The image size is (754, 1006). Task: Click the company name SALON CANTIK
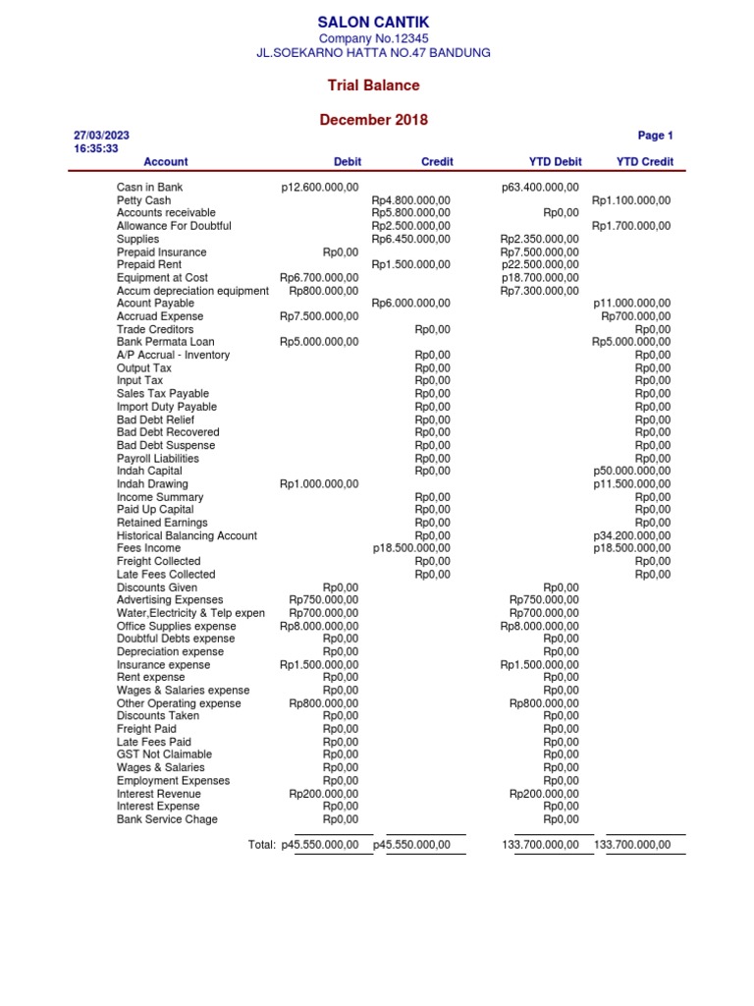[373, 22]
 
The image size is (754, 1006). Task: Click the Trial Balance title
[373, 85]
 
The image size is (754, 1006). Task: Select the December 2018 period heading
[373, 120]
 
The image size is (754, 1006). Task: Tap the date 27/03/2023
[101, 136]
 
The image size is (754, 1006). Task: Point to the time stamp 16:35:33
[96, 149]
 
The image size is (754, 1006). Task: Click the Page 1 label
[655, 136]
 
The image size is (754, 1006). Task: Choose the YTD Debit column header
[555, 162]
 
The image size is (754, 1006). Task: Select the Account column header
[165, 162]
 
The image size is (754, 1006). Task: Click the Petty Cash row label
[143, 200]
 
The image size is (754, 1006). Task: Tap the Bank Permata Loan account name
[165, 342]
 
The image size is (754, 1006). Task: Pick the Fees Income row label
[148, 548]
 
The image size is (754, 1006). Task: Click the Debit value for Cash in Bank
[320, 187]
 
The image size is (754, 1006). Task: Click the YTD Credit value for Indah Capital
[632, 472]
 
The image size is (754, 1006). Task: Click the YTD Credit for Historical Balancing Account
[632, 535]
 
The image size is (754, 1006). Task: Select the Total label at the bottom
[262, 845]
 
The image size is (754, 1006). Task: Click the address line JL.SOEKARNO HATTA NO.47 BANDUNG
[373, 53]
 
